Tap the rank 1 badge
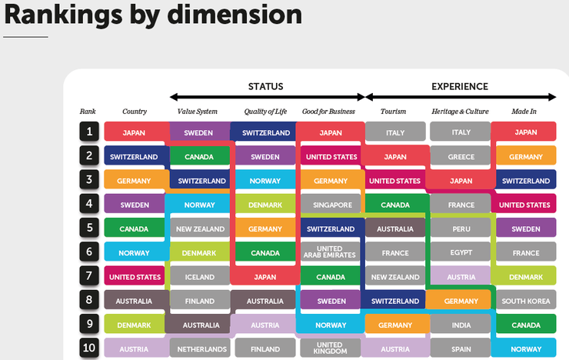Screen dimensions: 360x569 [x=89, y=132]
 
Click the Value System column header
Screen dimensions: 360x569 [x=198, y=112]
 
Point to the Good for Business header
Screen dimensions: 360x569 [x=328, y=112]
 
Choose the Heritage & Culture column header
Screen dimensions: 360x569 [x=460, y=112]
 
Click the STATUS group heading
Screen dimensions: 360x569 [x=265, y=86]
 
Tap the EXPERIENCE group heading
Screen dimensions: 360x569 [x=460, y=86]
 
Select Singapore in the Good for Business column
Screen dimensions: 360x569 [x=331, y=205]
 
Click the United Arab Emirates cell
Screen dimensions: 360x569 [x=331, y=252]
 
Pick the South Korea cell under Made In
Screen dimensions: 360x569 [x=526, y=301]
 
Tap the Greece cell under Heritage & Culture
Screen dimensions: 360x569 [x=461, y=157]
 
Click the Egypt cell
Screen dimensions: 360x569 [x=461, y=252]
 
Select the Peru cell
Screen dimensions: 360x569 [x=461, y=228]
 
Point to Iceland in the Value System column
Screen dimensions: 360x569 [x=199, y=277]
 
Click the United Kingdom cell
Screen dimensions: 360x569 [x=331, y=348]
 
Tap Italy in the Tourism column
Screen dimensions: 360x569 [x=395, y=132]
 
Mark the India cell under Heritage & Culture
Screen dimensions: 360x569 [x=461, y=325]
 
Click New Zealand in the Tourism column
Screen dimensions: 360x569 [x=395, y=277]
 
